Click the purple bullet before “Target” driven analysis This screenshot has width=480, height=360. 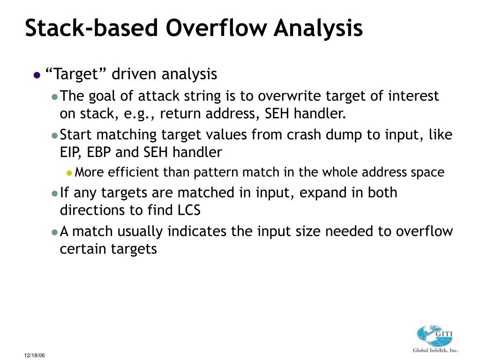tap(37, 75)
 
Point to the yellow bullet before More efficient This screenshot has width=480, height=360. tap(69, 173)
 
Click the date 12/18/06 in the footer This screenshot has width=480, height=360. tap(35, 356)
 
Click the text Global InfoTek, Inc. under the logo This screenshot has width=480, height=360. tap(435, 350)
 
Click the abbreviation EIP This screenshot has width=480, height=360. tap(70, 152)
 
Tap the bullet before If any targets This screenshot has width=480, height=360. tap(54, 193)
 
